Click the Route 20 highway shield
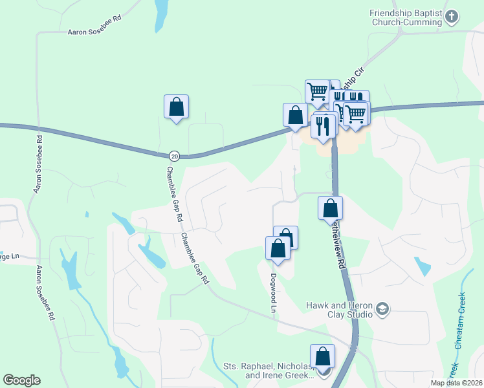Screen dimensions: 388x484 [174, 156]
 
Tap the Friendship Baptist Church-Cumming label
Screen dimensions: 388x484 [405, 17]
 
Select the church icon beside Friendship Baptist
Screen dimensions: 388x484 [453, 16]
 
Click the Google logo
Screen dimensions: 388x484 [21, 380]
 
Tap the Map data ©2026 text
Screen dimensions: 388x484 [457, 383]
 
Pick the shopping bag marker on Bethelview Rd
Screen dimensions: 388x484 [330, 208]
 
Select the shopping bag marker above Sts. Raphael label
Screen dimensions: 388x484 [322, 356]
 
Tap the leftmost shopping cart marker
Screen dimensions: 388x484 [317, 91]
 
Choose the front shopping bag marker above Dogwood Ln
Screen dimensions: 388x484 [278, 248]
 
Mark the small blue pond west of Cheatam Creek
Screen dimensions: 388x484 [423, 266]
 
